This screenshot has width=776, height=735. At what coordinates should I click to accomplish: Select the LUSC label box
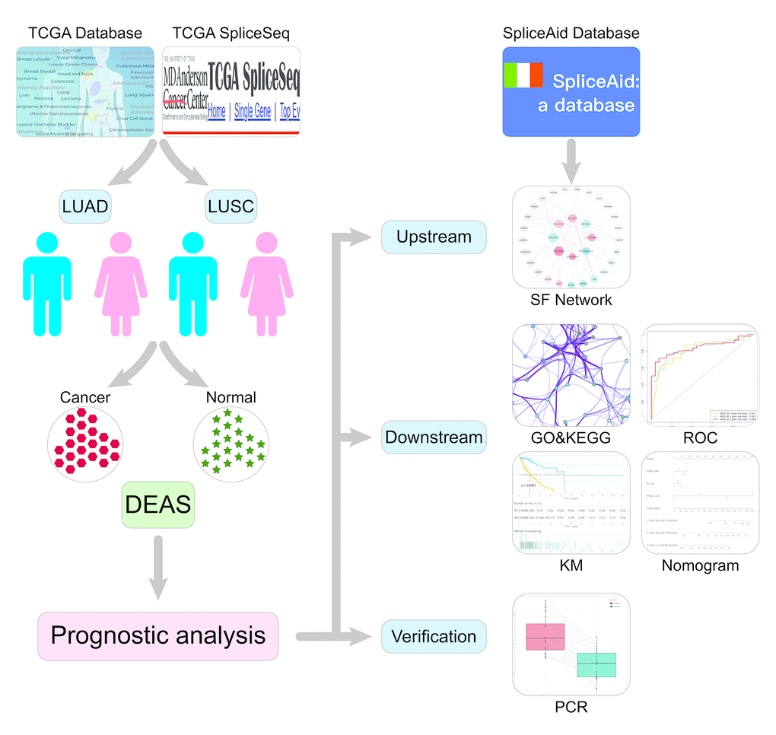[x=231, y=207]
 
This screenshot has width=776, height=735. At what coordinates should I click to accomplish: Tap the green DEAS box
[x=158, y=503]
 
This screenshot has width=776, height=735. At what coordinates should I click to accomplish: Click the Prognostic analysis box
[x=158, y=635]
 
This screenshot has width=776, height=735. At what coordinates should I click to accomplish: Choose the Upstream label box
[x=434, y=237]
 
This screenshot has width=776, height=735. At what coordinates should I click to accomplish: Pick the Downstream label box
[x=434, y=437]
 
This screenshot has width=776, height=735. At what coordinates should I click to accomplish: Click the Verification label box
[x=434, y=636]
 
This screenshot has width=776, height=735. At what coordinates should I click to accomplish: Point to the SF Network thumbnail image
[x=571, y=236]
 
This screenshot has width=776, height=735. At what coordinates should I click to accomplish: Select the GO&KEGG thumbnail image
[x=571, y=375]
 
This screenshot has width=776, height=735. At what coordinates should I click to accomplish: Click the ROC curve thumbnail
[x=701, y=375]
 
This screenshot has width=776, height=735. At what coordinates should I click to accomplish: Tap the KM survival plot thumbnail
[x=571, y=502]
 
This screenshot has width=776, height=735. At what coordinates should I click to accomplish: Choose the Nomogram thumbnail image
[x=701, y=502]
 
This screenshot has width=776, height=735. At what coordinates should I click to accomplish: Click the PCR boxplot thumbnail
[x=571, y=644]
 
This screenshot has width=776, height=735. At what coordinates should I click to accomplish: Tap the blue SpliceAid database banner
[x=571, y=91]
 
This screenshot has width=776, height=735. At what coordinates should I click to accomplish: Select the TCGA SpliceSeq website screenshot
[x=231, y=91]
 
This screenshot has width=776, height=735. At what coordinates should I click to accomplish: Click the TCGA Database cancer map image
[x=85, y=91]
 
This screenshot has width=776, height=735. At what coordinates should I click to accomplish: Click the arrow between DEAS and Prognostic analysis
[x=158, y=567]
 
